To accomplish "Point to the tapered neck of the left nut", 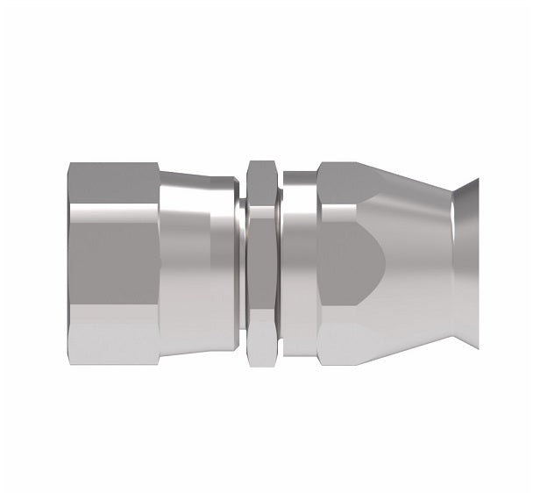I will click(196, 263).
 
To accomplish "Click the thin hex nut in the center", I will click(263, 263).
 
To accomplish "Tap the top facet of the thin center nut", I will click(263, 173).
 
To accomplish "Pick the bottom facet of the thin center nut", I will click(263, 355).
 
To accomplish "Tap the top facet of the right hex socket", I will click(351, 180).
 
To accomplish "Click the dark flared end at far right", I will click(466, 263).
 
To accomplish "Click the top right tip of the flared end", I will click(478, 178).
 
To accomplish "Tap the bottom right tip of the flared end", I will click(478, 348).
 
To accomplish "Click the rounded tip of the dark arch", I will click(387, 263).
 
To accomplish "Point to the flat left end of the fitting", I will click(69, 263).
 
